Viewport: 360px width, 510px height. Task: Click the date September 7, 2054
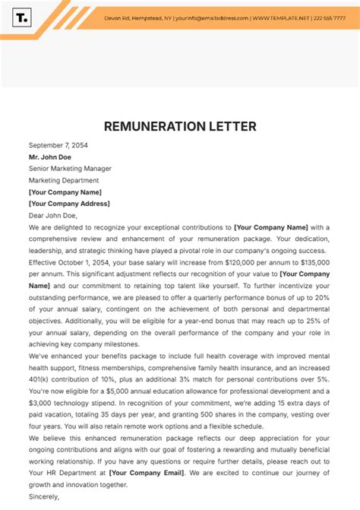[58, 144]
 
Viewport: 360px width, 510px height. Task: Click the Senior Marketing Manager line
[70, 168]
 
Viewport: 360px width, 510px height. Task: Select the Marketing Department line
[64, 180]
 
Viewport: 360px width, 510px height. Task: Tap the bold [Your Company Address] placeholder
[69, 203]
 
